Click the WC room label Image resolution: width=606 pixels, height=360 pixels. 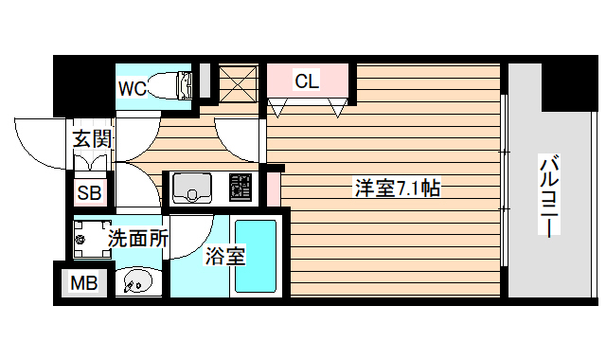coord(132,88)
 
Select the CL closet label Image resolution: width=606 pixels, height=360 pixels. coord(307,81)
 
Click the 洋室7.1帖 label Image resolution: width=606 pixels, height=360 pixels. coord(397,188)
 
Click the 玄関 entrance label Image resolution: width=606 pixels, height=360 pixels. coord(93,138)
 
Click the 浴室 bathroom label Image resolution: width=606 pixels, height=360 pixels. coord(226,255)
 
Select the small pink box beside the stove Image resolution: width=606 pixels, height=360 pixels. coord(273,189)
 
